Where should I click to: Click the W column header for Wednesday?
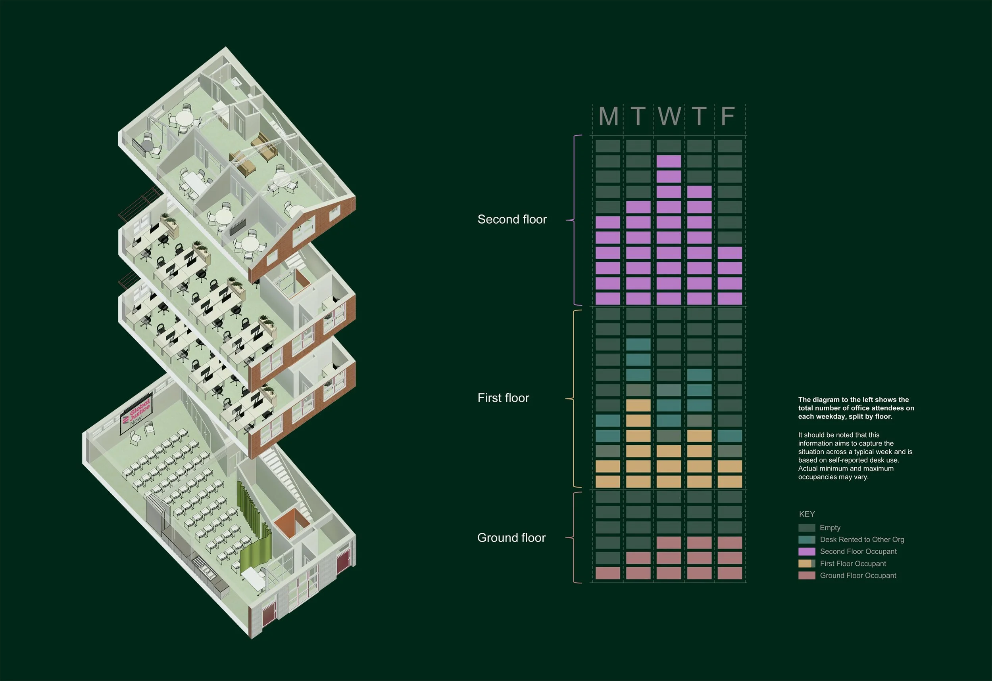click(669, 116)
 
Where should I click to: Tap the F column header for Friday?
click(728, 116)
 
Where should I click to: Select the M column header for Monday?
click(608, 116)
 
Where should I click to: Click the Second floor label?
click(512, 219)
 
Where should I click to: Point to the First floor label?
click(503, 398)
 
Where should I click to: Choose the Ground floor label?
click(511, 538)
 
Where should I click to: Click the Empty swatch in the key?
click(807, 528)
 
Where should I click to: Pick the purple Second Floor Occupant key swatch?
click(807, 552)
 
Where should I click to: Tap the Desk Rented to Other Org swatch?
click(807, 540)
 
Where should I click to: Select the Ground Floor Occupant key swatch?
click(807, 576)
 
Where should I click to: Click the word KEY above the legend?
click(807, 514)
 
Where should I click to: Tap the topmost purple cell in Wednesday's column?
click(669, 161)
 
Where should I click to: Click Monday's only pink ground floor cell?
click(608, 573)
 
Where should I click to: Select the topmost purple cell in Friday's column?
click(730, 253)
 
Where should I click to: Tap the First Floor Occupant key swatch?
click(807, 564)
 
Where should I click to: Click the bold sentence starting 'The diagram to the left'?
click(856, 408)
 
